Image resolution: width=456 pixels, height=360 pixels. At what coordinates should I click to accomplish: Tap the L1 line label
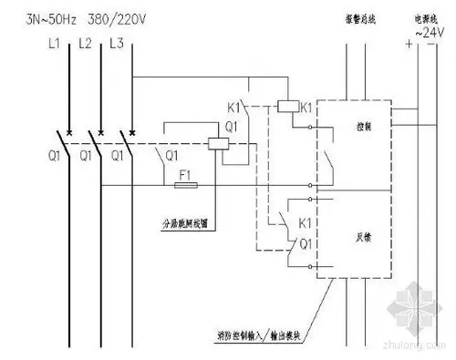[55, 43]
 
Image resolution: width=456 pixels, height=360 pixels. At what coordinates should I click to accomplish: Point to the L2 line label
[86, 43]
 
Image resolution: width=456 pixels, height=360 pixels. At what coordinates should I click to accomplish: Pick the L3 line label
[117, 43]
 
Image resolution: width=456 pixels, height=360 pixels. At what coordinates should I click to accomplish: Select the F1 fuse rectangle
[187, 185]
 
